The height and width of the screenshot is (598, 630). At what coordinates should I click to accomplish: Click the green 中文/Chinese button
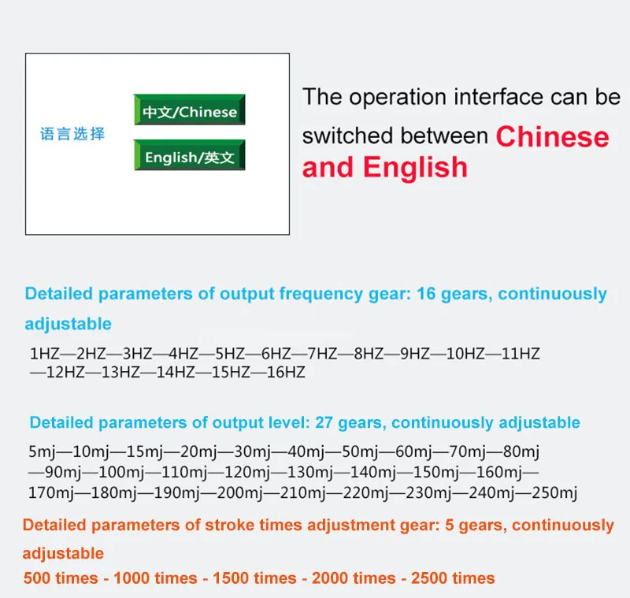click(189, 110)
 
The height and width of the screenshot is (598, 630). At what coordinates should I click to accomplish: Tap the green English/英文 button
click(189, 155)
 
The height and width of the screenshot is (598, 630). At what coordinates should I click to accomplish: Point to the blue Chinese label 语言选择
click(72, 134)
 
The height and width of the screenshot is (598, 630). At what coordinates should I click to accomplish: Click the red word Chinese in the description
click(553, 136)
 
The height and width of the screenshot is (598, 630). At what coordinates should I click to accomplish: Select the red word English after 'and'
click(416, 168)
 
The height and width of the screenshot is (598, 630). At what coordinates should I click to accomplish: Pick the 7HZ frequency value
click(322, 354)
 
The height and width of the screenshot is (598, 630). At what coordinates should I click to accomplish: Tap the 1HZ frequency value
click(45, 354)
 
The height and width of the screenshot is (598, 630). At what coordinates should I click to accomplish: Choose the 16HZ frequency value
click(286, 372)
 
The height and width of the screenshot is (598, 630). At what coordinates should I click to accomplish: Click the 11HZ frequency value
click(521, 354)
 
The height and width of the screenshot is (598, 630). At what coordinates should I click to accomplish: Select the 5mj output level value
click(42, 451)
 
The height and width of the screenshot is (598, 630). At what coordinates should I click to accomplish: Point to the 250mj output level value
click(554, 492)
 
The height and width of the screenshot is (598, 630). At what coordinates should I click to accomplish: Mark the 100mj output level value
click(121, 472)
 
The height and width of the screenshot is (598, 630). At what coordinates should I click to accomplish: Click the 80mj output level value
click(521, 451)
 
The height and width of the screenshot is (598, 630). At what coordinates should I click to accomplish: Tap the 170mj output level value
click(50, 492)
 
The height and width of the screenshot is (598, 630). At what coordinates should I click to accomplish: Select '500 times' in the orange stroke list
click(61, 578)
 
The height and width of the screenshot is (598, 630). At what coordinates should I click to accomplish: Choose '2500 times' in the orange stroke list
click(453, 578)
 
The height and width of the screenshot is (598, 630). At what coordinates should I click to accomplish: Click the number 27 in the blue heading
click(324, 423)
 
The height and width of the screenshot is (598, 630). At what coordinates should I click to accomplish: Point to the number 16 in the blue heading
click(426, 294)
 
